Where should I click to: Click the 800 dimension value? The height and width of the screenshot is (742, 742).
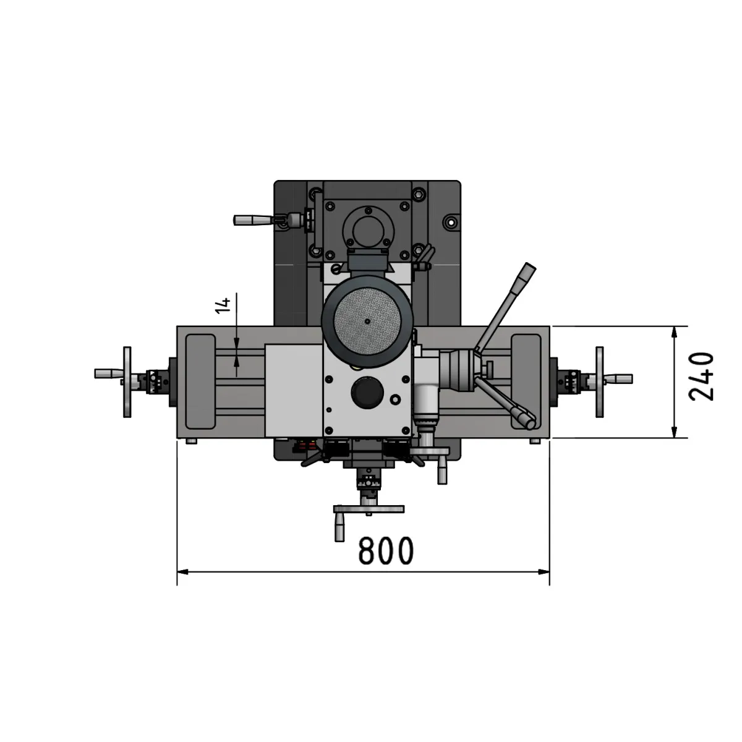coord(386,551)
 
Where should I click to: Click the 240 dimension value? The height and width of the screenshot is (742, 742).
coord(701,377)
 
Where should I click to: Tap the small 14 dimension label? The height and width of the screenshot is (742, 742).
coord(223,305)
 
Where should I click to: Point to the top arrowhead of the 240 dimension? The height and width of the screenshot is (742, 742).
coord(674,333)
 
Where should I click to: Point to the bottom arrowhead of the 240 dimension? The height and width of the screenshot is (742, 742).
coord(674,432)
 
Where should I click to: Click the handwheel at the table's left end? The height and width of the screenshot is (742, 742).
coord(127,382)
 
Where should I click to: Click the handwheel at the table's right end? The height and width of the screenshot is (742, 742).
coord(600,382)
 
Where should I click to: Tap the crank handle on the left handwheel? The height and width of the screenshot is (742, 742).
coord(109,373)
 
